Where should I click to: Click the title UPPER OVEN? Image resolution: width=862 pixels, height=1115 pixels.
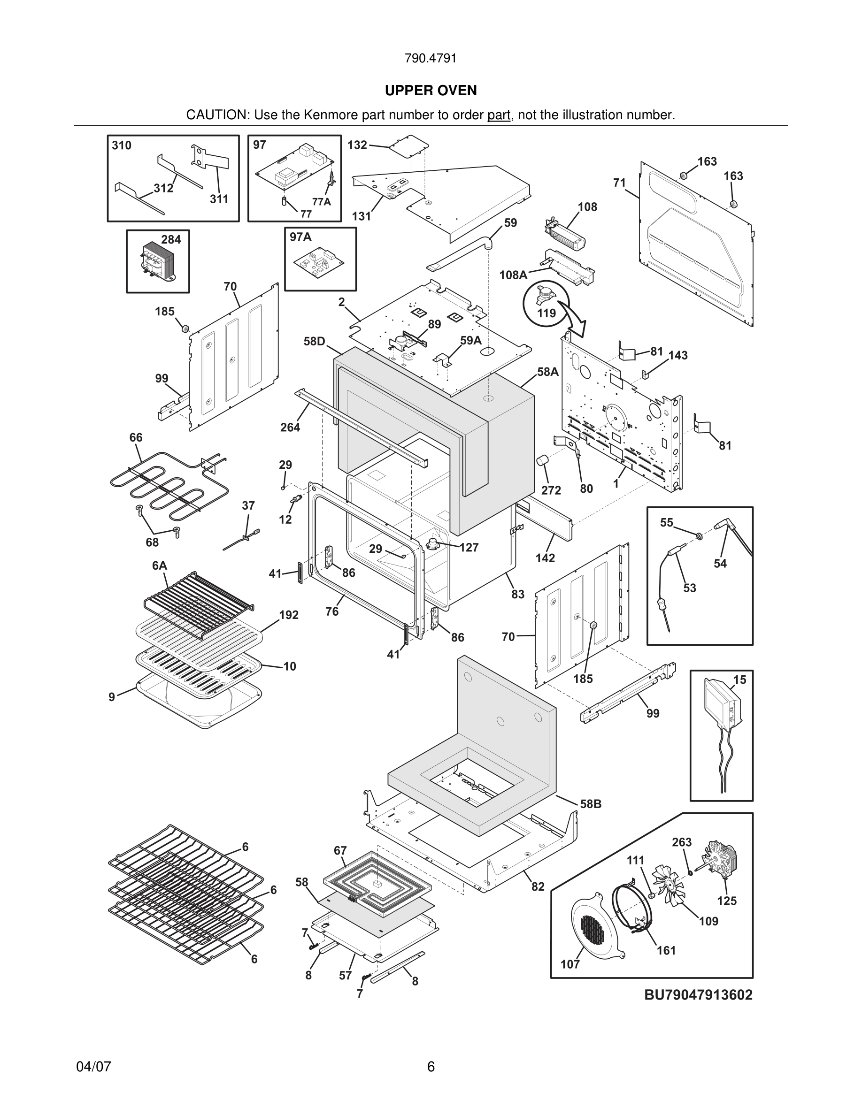(x=431, y=91)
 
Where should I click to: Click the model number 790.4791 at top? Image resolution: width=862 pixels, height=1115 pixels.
(x=431, y=58)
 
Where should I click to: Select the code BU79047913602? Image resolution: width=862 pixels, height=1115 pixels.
(x=698, y=994)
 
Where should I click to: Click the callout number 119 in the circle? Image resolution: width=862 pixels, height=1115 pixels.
(x=546, y=313)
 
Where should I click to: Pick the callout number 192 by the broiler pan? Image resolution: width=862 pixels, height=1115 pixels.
(x=289, y=615)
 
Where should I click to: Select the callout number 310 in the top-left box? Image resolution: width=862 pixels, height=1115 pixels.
(x=122, y=145)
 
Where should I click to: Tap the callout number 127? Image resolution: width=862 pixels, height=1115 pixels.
(x=469, y=548)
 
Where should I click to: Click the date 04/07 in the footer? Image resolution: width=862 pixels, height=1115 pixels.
(x=93, y=1067)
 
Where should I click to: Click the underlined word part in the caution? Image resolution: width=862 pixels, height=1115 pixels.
(x=499, y=115)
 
